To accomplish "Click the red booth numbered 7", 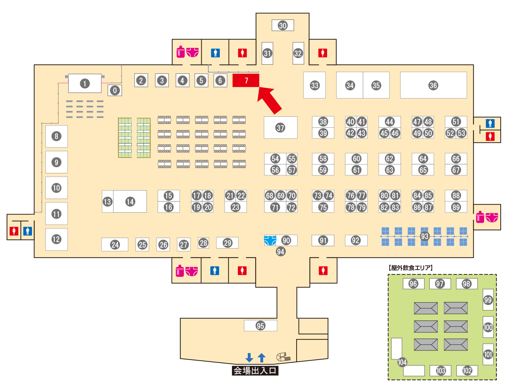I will [246, 81].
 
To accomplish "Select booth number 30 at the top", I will [283, 25].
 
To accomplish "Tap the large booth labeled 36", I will [433, 85].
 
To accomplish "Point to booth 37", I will [280, 128].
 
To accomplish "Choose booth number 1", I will [84, 84].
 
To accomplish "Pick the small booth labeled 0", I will [115, 90].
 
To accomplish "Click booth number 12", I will [56, 239].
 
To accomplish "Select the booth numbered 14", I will [130, 201].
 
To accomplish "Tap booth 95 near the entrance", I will [260, 326].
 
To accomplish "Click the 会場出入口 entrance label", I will [255, 371].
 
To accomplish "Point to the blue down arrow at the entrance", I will [249, 358].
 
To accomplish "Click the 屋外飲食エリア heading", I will [411, 268].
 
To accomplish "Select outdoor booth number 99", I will [488, 300].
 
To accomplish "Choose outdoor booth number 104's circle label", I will [402, 362].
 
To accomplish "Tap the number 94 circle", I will [280, 251].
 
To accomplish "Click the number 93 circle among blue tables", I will [424, 236].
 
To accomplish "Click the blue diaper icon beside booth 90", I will [270, 240].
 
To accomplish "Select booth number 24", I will [115, 245].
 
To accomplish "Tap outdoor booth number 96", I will [413, 284].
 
